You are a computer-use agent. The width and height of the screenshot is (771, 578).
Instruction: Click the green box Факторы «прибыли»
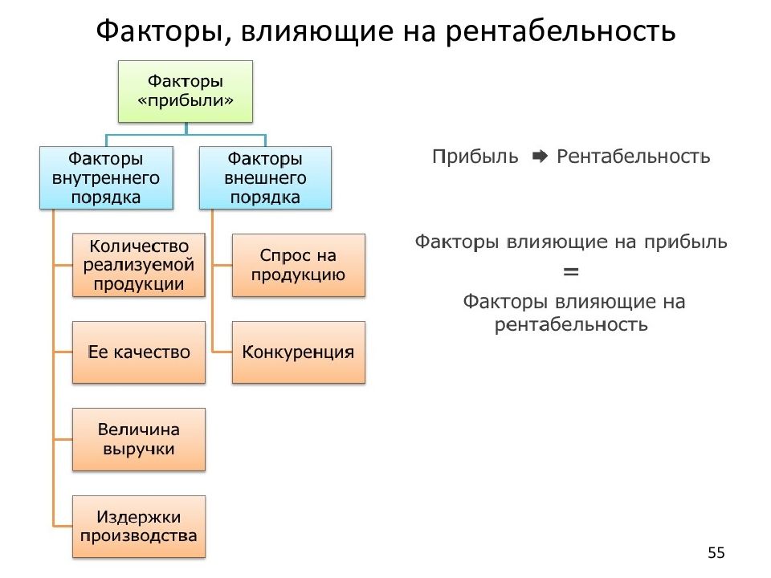[186, 91]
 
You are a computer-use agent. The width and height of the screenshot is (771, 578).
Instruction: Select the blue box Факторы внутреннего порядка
[106, 177]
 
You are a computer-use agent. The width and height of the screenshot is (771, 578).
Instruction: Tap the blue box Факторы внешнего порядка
[265, 177]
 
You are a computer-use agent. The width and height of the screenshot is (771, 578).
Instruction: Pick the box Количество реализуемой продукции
[138, 264]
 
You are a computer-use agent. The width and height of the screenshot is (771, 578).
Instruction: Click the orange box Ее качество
[138, 352]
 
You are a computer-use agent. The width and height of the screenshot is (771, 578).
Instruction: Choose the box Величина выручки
[138, 439]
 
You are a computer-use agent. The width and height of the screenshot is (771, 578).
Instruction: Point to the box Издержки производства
[138, 527]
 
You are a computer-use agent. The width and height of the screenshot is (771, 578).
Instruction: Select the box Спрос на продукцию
[298, 265]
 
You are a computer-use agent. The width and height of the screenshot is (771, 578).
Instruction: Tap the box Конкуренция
[298, 352]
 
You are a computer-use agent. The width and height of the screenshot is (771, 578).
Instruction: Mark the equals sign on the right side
[571, 273]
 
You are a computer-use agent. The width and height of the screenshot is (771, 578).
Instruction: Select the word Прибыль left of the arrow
[475, 156]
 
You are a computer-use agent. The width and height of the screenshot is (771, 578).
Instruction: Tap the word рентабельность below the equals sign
[571, 324]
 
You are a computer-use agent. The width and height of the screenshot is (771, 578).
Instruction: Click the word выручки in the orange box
[138, 450]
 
